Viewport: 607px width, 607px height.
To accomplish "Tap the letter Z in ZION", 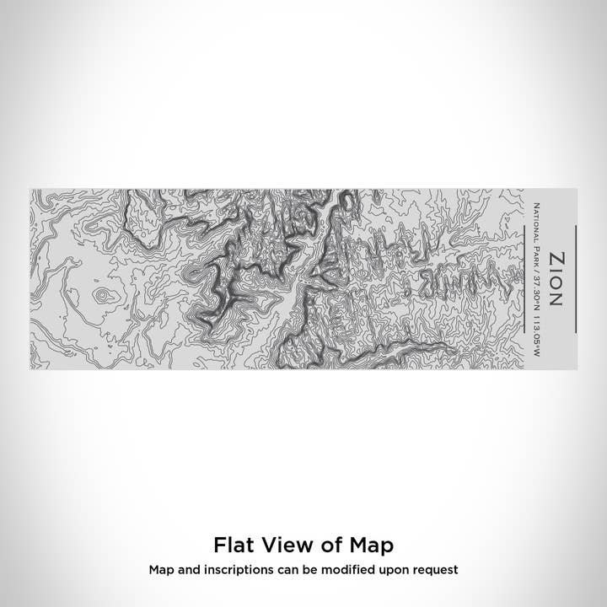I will tap(557, 257).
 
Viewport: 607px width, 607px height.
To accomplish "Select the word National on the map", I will tap(536, 223).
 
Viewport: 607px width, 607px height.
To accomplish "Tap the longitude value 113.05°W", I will tap(536, 332).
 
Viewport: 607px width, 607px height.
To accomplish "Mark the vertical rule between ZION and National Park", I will tap(576, 278).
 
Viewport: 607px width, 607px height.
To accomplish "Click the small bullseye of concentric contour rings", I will tap(103, 295).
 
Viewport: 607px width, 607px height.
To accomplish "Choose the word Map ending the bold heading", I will tap(371, 544).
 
